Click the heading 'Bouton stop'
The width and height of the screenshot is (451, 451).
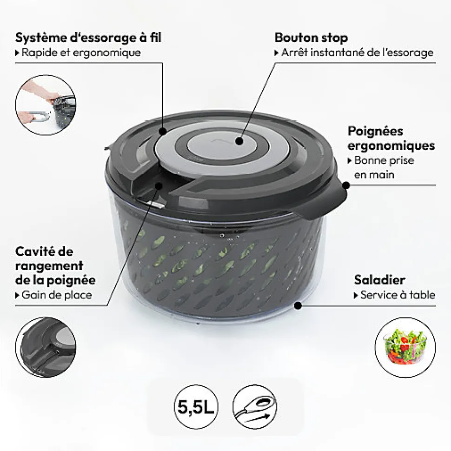point(311,38)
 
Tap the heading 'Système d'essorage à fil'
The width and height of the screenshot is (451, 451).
point(88,37)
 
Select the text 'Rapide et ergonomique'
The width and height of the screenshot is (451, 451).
point(81,53)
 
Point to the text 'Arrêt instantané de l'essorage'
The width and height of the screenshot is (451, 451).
point(357,53)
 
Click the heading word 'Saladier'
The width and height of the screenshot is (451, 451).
point(379,279)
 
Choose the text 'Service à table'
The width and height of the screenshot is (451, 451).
point(398,295)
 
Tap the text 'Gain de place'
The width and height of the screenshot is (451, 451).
point(57,295)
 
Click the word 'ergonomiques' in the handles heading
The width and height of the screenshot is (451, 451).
point(391,146)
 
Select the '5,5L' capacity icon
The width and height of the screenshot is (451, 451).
point(196,406)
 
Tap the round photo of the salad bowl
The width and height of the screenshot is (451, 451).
point(405,347)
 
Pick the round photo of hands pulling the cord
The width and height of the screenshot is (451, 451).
point(46,105)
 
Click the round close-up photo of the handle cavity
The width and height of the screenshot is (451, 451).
point(46,347)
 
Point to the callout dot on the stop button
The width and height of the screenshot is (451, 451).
point(239,141)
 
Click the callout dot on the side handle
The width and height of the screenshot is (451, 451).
point(346,185)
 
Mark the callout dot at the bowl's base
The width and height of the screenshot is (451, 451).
point(298,305)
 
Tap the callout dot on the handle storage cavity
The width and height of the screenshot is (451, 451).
point(159,186)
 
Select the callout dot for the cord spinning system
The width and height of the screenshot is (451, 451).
point(163,132)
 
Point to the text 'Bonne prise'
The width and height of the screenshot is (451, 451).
point(384,160)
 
